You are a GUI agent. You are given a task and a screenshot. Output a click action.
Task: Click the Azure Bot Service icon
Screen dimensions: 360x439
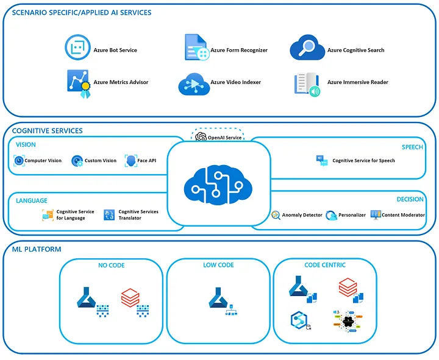78,48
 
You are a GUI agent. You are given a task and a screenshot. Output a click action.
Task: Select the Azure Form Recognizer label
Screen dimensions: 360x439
239,51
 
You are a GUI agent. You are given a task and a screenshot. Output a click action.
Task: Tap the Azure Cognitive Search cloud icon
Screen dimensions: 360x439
305,48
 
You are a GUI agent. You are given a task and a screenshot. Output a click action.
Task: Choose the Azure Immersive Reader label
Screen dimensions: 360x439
357,82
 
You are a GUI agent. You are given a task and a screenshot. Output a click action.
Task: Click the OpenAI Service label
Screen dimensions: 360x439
225,138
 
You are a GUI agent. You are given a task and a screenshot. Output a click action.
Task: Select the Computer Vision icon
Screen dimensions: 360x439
18,161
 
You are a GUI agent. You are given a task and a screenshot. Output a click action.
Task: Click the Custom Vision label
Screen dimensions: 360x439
100,161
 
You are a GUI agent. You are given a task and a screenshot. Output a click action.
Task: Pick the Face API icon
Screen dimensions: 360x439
130,161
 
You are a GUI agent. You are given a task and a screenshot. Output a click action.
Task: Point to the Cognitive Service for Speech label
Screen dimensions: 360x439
363,161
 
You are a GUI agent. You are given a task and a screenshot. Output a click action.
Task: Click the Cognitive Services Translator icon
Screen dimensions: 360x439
110,214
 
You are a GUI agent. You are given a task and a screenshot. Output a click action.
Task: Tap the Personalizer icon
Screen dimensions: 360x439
332,215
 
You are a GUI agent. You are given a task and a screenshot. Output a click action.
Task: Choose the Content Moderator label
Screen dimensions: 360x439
403,215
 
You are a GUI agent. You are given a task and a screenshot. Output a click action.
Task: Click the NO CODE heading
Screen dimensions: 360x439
111,265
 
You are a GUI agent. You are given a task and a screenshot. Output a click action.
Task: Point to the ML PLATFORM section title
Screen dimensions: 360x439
37,249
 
